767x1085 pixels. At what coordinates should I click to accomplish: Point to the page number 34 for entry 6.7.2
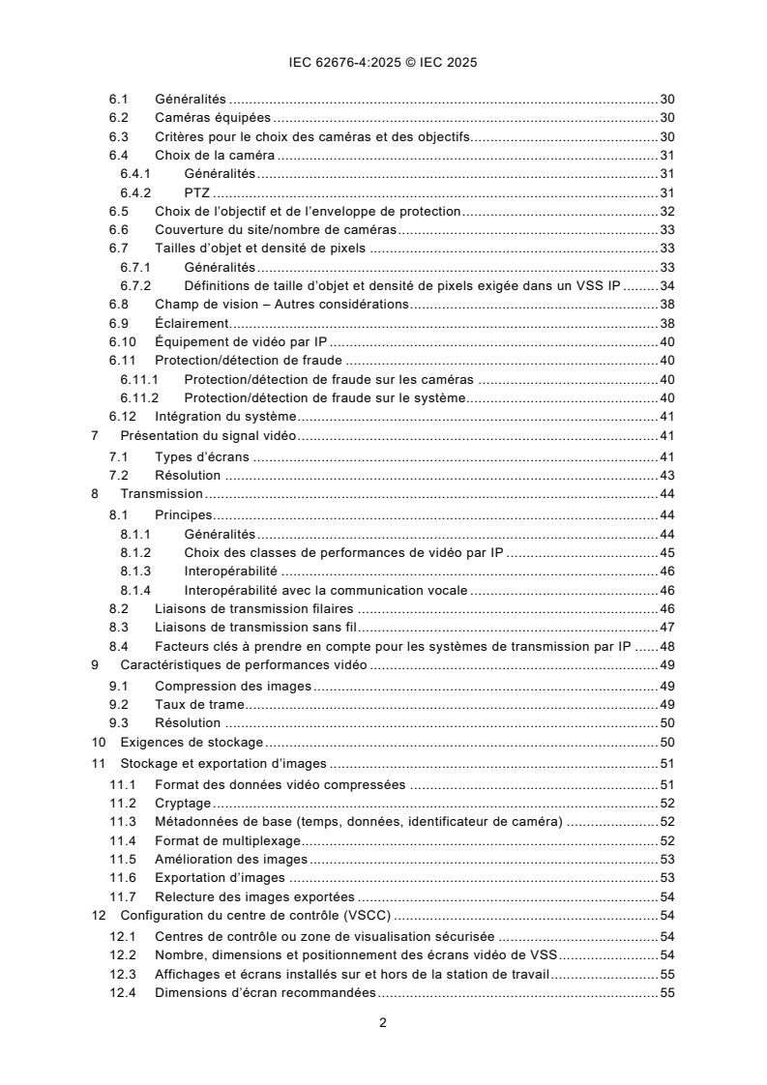(666, 285)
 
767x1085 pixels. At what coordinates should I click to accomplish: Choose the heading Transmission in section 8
(161, 494)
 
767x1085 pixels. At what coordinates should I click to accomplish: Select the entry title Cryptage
(183, 803)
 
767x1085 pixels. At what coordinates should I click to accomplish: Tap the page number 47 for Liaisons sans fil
(666, 628)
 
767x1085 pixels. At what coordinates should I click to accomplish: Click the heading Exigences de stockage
(179, 743)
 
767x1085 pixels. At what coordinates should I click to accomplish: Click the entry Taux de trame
(199, 704)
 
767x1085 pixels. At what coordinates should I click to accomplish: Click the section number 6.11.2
(139, 397)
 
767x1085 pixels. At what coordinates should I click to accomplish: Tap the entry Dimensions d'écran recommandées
(265, 992)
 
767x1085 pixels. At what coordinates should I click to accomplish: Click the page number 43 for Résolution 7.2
(666, 475)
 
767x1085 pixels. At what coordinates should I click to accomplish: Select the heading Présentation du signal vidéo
(208, 436)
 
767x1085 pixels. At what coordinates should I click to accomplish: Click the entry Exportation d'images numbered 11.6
(220, 877)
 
